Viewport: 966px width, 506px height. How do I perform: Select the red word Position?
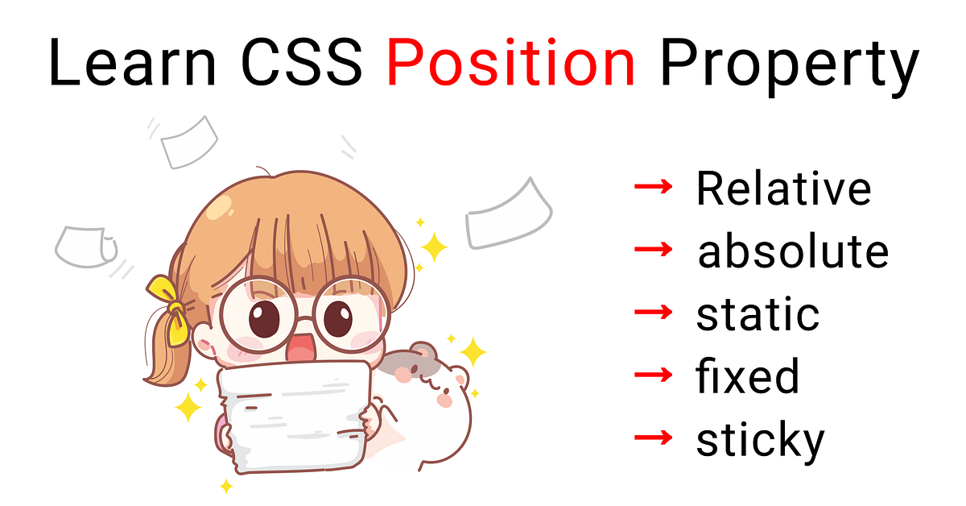[510, 63]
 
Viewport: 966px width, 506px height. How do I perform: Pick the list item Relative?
[783, 189]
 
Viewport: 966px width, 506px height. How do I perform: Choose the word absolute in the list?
[793, 251]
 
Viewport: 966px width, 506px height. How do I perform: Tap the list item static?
[758, 314]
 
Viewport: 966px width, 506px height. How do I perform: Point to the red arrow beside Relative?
[653, 189]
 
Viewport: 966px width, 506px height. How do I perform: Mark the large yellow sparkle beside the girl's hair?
[433, 247]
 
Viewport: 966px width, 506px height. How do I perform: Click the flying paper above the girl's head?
[190, 141]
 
